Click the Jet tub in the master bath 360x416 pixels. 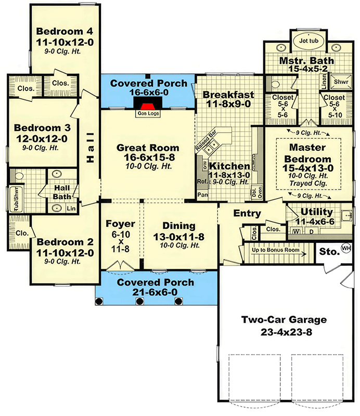(x=306, y=40)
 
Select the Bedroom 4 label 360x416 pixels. (x=65, y=31)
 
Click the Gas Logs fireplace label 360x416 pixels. (x=147, y=112)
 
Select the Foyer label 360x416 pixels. (x=121, y=224)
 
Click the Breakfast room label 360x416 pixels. (x=228, y=95)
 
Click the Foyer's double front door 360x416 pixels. (x=121, y=267)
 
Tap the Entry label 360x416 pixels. (x=247, y=213)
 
